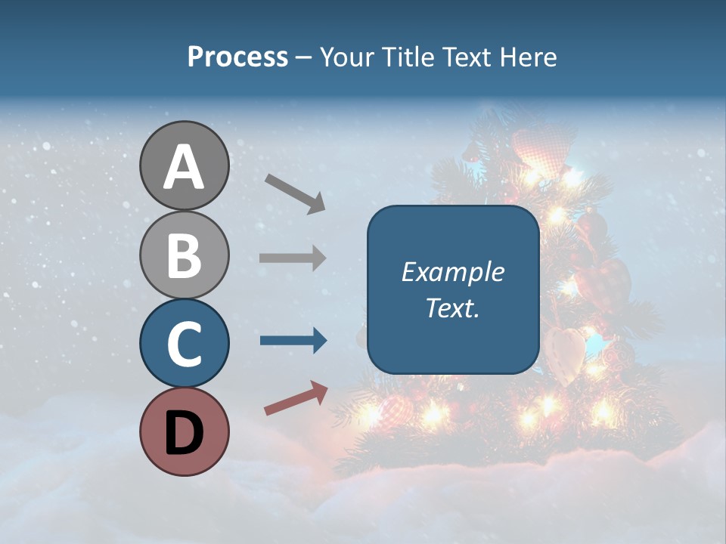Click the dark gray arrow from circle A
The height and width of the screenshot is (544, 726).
pyautogui.click(x=295, y=193)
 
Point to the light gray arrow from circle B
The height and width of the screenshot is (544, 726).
pyautogui.click(x=293, y=258)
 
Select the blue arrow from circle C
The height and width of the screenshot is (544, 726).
pyautogui.click(x=293, y=341)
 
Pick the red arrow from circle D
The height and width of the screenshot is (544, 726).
pyautogui.click(x=296, y=398)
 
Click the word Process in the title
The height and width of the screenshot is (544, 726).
pyautogui.click(x=237, y=57)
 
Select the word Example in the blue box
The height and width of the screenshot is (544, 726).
pyautogui.click(x=452, y=272)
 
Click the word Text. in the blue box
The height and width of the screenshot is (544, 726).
pyautogui.click(x=452, y=308)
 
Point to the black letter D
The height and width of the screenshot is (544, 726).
pyautogui.click(x=184, y=433)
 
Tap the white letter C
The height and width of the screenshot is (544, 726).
pyautogui.click(x=184, y=344)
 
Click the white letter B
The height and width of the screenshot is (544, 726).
pyautogui.click(x=184, y=255)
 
